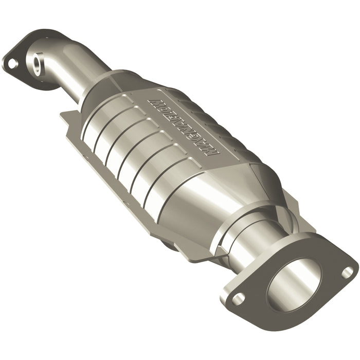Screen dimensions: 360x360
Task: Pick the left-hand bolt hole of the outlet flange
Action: [238, 297]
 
